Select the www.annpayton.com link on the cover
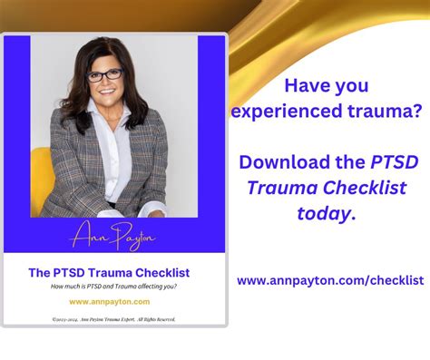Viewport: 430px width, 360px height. (109, 301)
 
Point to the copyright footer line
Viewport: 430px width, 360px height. (114, 319)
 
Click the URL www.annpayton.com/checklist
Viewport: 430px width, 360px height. (330, 281)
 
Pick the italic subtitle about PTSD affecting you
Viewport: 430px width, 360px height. (114, 287)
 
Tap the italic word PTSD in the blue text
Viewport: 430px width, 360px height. (393, 163)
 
